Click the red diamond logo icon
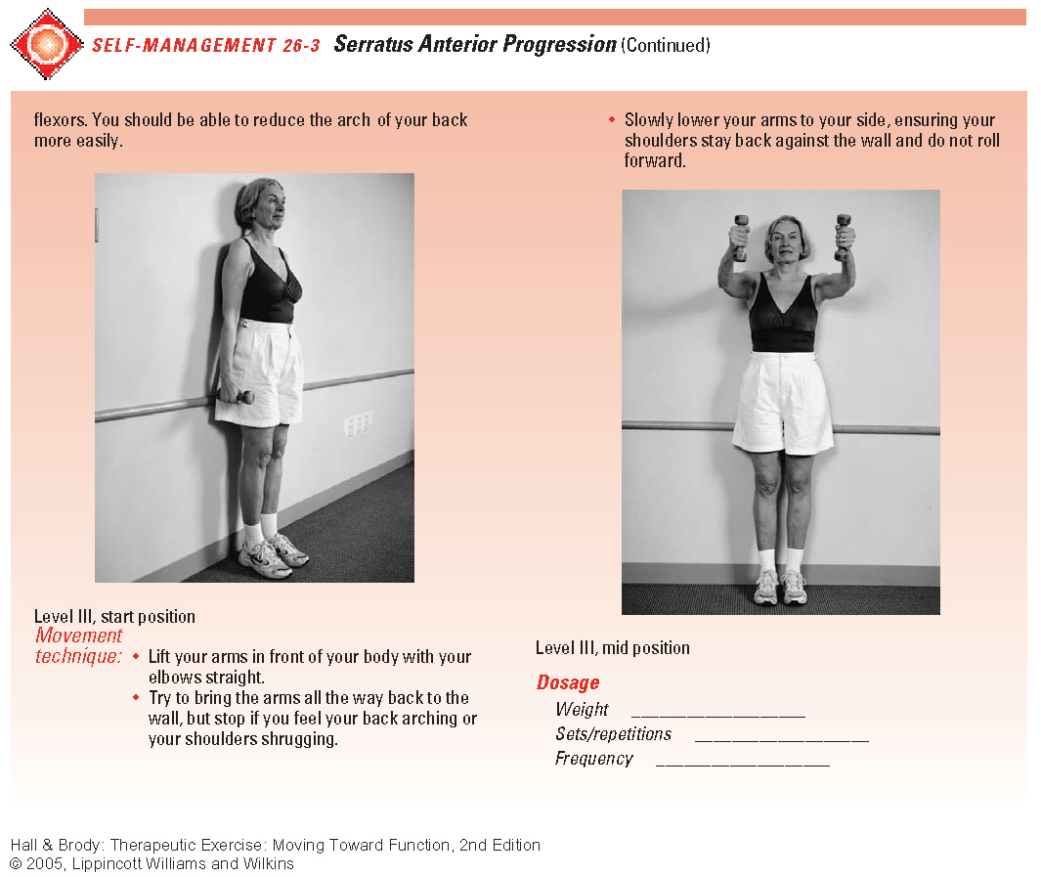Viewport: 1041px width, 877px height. coord(47,44)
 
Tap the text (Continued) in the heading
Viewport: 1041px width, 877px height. coord(666,45)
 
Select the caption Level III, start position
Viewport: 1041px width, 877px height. coord(114,617)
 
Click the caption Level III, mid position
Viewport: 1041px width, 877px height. coord(612,647)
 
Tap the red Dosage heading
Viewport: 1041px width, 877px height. coord(568,682)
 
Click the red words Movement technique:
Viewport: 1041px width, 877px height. coord(79,646)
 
